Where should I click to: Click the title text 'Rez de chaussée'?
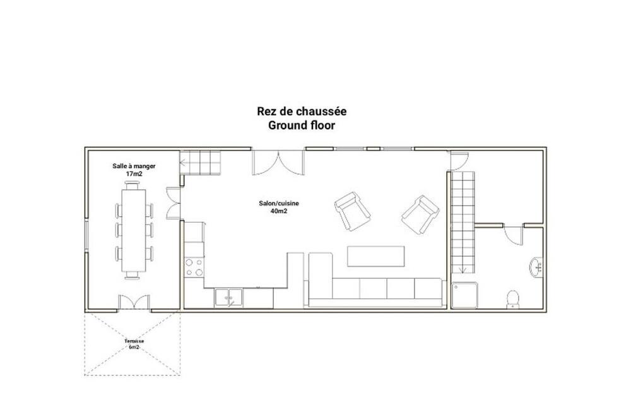pyautogui.click(x=302, y=111)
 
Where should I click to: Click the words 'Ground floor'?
pyautogui.click(x=302, y=125)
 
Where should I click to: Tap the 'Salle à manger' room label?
pyautogui.click(x=134, y=166)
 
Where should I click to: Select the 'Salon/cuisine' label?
pyautogui.click(x=279, y=204)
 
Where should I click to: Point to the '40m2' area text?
pyautogui.click(x=279, y=211)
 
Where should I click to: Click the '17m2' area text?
pyautogui.click(x=134, y=174)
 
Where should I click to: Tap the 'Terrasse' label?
pyautogui.click(x=134, y=341)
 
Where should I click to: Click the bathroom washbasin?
pyautogui.click(x=536, y=267)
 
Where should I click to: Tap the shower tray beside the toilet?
pyautogui.click(x=465, y=295)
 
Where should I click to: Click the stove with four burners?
pyautogui.click(x=194, y=267)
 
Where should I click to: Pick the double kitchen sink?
pyautogui.click(x=228, y=298)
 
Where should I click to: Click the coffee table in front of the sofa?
pyautogui.click(x=376, y=256)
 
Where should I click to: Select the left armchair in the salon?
pyautogui.click(x=352, y=211)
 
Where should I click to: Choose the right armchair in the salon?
pyautogui.click(x=420, y=214)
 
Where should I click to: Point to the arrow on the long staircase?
pyautogui.click(x=463, y=271)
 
